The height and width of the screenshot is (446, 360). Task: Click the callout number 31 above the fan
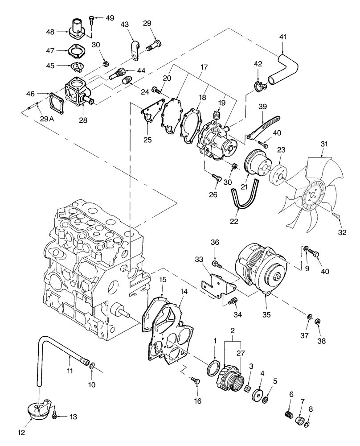coord(323,144)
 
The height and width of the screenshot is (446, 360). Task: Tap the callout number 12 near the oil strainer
coord(21,432)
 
